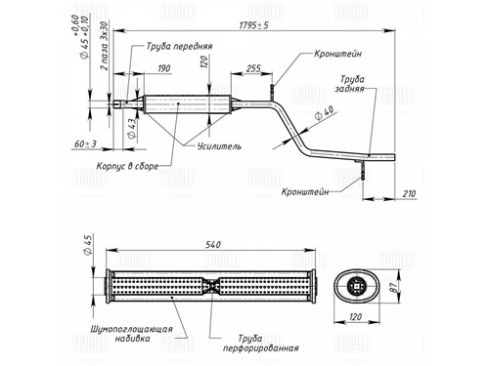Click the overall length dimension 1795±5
point(254,25)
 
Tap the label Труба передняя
point(179,46)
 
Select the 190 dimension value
point(164,68)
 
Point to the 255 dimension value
point(253,68)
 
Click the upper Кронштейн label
point(337,54)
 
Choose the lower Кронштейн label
point(305,191)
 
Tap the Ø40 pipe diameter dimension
point(324,113)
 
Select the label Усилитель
point(219,146)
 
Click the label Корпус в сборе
point(127,166)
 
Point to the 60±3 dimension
point(85,143)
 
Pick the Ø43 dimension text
point(132,129)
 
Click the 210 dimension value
point(409,194)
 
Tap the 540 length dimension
point(213,244)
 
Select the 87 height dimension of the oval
point(393,287)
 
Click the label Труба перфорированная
point(260,344)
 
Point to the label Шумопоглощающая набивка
point(131,334)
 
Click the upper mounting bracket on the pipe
point(272,92)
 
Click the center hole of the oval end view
point(357,286)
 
